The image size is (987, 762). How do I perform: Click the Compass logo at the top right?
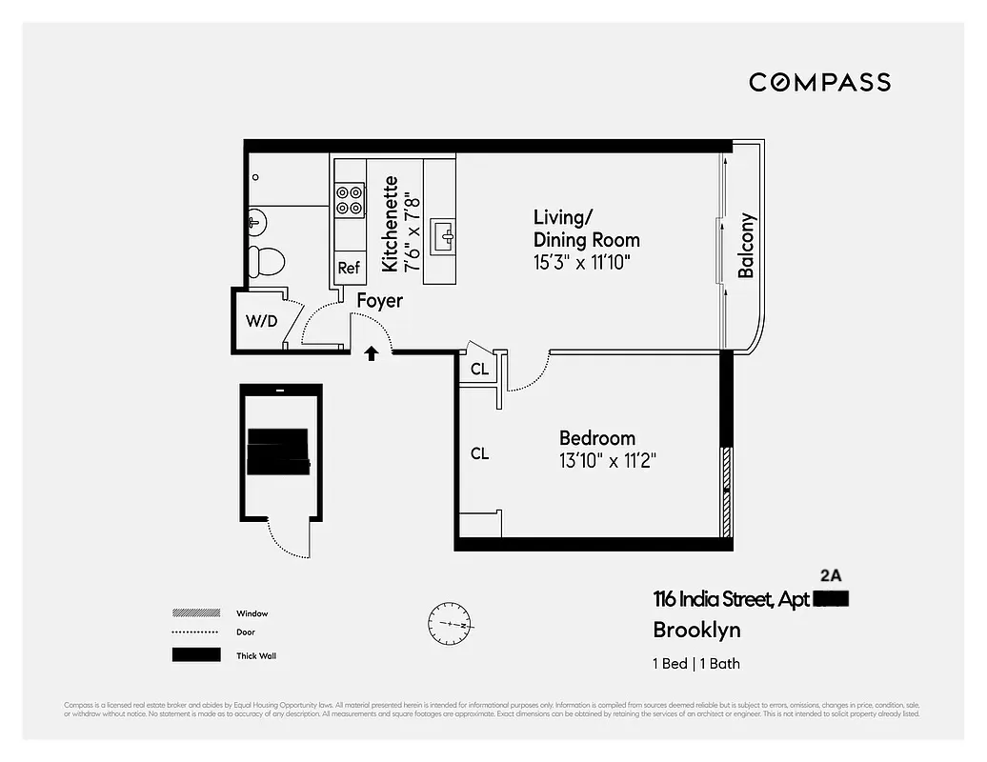(819, 82)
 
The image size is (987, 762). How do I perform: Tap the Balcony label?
(746, 246)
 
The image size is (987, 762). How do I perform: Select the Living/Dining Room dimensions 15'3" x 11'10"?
(582, 262)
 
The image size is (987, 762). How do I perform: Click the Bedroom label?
(596, 438)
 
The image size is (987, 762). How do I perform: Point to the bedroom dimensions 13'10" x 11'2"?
(608, 461)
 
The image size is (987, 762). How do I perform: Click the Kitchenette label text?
(390, 224)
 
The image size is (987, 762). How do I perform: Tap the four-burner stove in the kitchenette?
(350, 198)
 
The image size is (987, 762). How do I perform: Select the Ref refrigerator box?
(349, 268)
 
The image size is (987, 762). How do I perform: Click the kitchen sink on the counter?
(443, 234)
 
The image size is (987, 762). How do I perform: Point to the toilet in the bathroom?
(266, 260)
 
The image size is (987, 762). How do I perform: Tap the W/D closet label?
(261, 321)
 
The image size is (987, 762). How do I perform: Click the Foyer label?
(380, 301)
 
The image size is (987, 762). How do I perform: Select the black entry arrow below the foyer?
(372, 353)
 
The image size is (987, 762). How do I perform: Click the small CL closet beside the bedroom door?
(479, 369)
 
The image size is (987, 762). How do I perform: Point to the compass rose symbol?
(450, 624)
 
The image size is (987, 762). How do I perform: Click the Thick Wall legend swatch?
(195, 655)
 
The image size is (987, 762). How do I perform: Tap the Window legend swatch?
(195, 613)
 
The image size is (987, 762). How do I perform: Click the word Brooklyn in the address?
(696, 630)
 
